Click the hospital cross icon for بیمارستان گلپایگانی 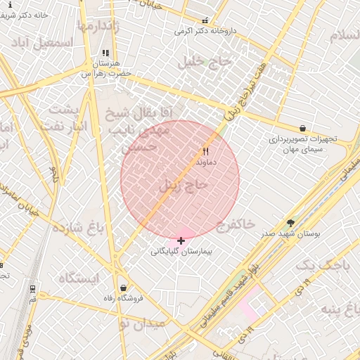(x=181, y=241)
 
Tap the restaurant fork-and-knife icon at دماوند (x=206, y=151)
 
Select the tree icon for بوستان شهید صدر (x=291, y=222)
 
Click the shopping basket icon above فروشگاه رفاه (x=124, y=288)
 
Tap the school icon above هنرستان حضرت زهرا (x=105, y=53)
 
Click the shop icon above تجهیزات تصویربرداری (x=302, y=129)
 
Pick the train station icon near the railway (x=32, y=288)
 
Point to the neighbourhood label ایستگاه (x=79, y=278)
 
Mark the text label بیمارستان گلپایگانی (x=182, y=251)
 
